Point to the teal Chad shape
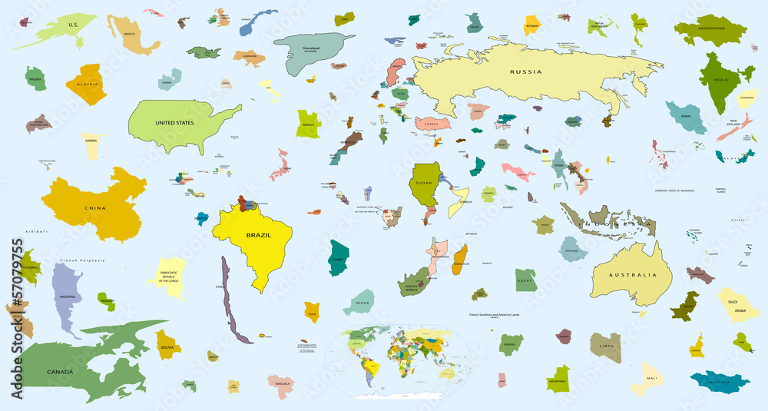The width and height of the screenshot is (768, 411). coord(338,257)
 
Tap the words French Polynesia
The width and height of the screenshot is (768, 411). coord(80,261)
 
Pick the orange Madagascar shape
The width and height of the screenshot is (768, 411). coord(460,259)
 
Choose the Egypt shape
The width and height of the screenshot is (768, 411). coord(526,280)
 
